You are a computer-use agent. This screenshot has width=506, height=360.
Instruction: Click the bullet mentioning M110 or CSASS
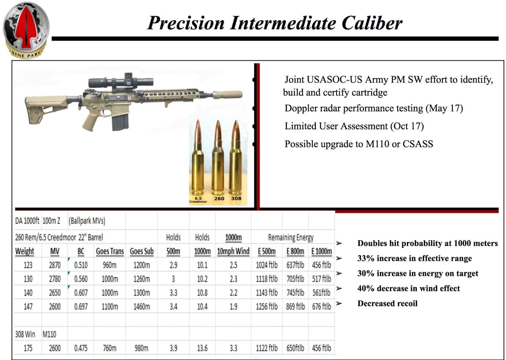359,144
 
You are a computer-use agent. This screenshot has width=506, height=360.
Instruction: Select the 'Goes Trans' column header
110,252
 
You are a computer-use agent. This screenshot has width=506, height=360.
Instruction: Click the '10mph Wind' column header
233,252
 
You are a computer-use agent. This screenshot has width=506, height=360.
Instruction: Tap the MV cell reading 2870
55,266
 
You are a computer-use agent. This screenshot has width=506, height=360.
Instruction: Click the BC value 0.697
81,306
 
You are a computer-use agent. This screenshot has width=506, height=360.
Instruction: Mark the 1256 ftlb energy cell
267,306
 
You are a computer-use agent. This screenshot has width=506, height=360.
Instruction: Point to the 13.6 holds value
202,348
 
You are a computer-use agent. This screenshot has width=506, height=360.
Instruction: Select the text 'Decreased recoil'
387,304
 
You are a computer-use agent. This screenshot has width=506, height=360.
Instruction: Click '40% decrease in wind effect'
408,288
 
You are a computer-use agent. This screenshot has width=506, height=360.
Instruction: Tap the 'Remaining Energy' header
291,238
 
